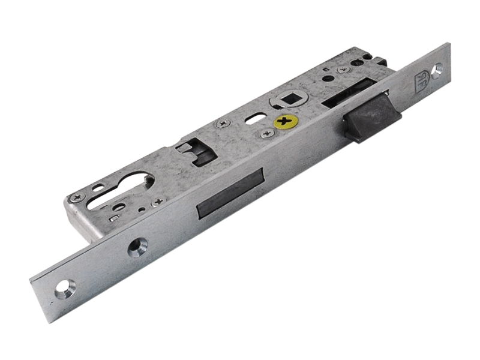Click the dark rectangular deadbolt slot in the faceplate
coord(230,193)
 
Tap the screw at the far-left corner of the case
coord(76,198)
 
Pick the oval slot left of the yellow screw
coord(252,118)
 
